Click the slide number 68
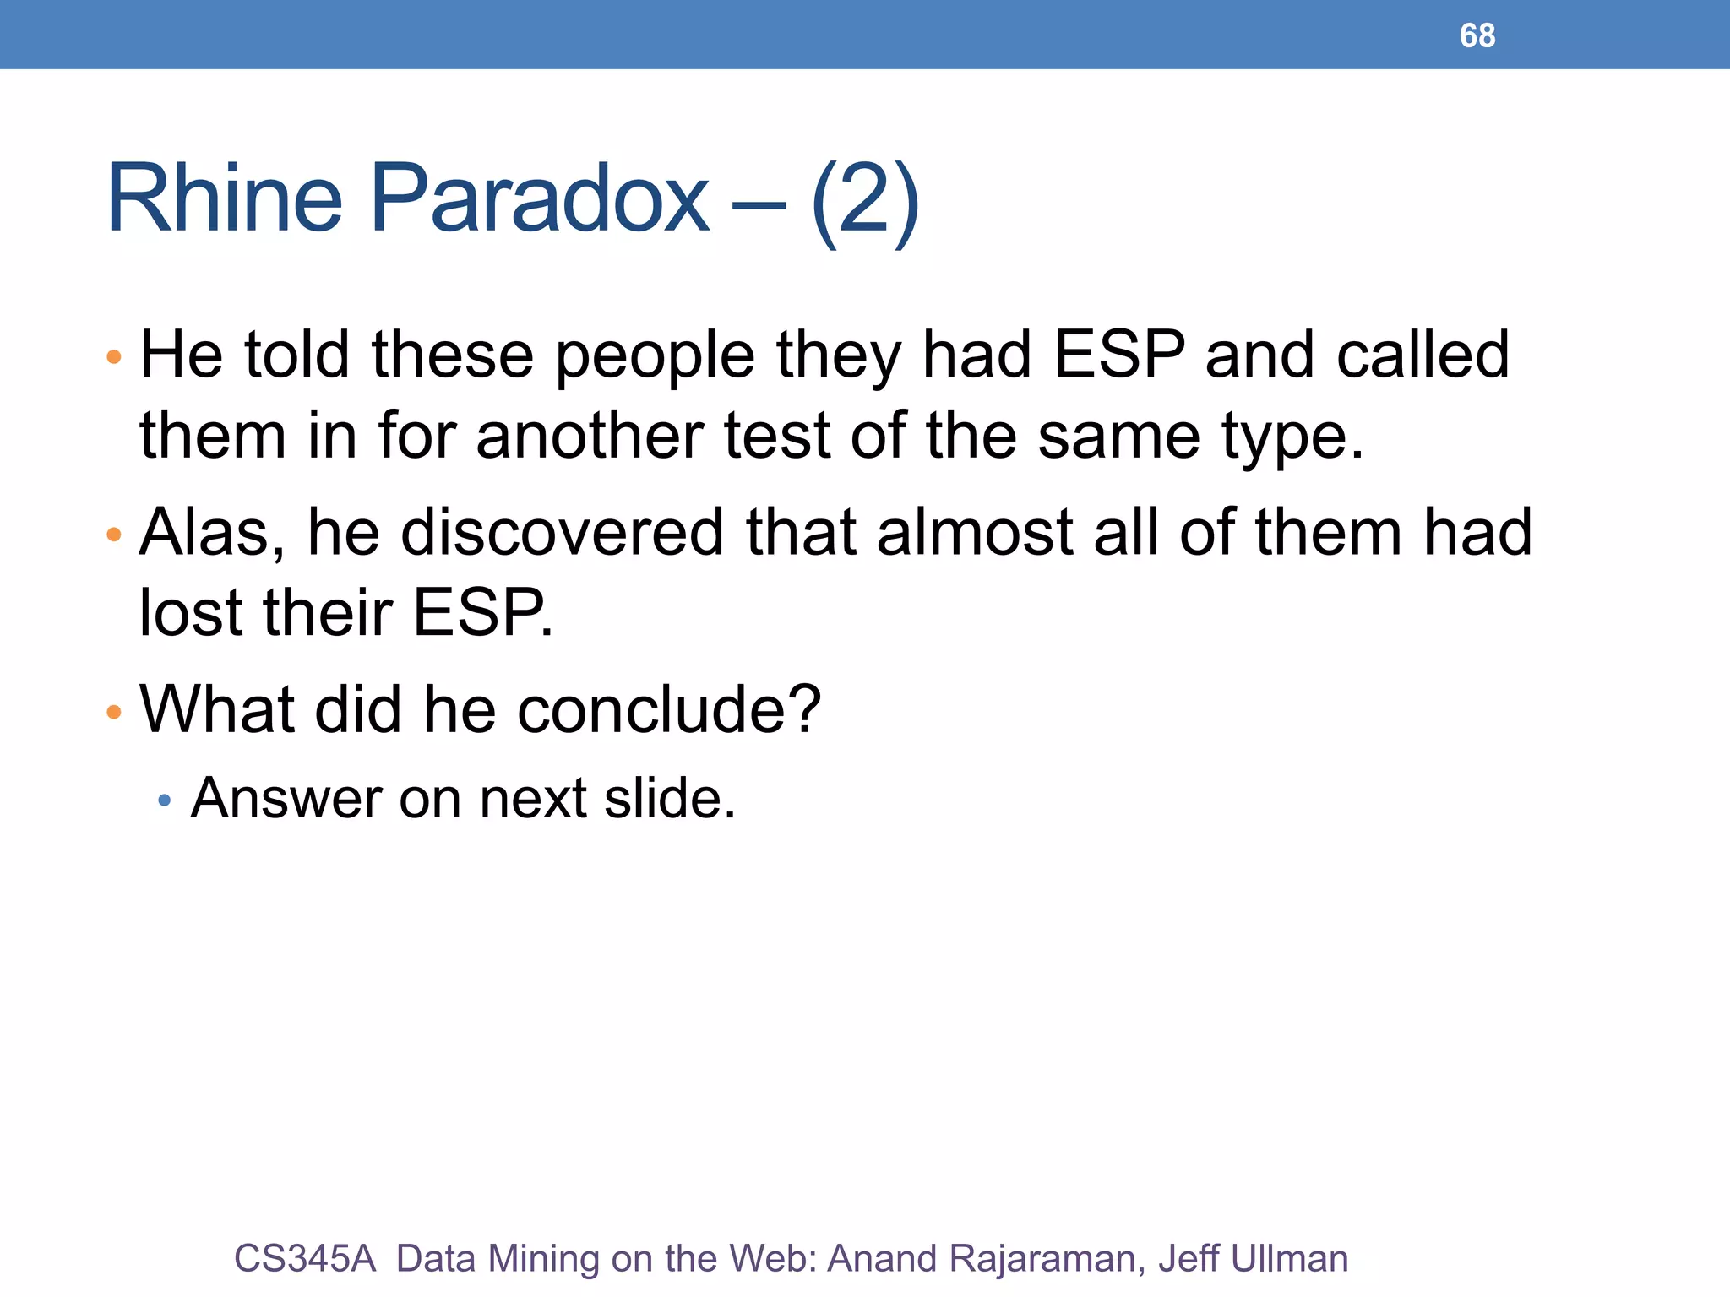click(1477, 35)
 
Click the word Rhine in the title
click(224, 199)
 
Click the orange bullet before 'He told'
click(114, 357)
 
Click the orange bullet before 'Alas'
click(114, 535)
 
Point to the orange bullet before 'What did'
click(114, 712)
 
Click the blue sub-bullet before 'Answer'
click(165, 800)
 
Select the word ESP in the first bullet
click(1119, 355)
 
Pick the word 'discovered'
click(562, 532)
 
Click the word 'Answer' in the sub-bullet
click(286, 798)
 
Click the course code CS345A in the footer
click(304, 1258)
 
